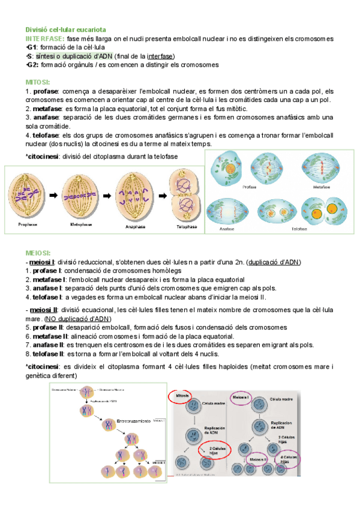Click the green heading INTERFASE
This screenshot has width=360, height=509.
click(44, 39)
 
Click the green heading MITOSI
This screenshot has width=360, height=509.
click(38, 81)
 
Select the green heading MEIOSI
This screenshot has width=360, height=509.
click(38, 254)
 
